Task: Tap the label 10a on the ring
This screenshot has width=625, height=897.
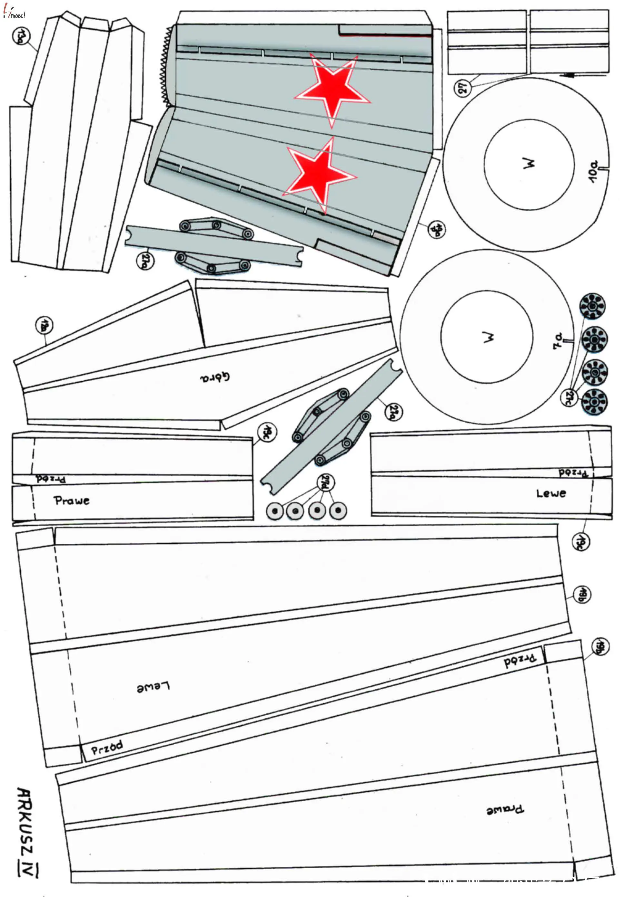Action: (x=594, y=171)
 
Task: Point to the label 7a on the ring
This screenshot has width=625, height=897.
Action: (x=558, y=341)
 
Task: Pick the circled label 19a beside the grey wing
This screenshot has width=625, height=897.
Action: (x=436, y=229)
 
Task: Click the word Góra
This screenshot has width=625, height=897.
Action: (x=215, y=377)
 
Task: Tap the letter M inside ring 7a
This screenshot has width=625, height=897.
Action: (x=487, y=337)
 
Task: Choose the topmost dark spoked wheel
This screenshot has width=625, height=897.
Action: (x=592, y=306)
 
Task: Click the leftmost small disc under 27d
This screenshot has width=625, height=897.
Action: (x=274, y=511)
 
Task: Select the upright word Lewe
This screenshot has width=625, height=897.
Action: (x=551, y=493)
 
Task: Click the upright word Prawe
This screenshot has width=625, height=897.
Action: (x=72, y=501)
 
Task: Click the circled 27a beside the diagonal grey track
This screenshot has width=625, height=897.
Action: (x=393, y=412)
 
